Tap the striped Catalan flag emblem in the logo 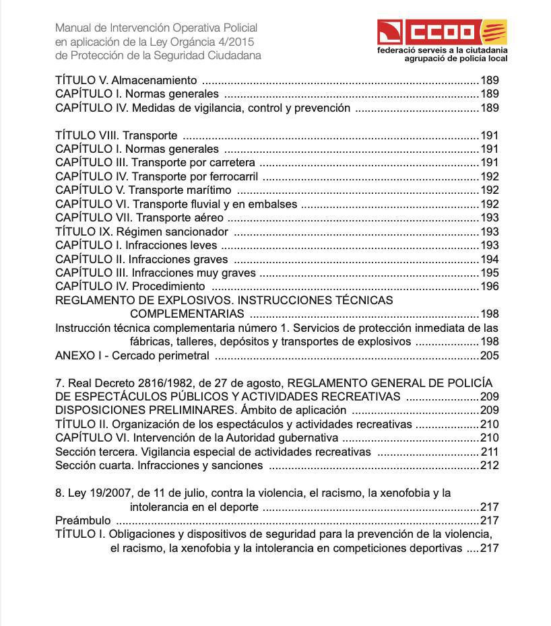[495, 32]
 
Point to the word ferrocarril [234, 177]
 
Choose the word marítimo [206, 190]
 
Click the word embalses [275, 204]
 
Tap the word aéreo [208, 218]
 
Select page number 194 [489, 259]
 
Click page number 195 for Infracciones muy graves [489, 273]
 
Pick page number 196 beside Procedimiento [489, 287]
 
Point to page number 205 [489, 355]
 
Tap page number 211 [489, 452]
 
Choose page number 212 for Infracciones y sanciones [489, 465]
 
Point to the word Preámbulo [83, 521]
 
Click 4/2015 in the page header [243, 42]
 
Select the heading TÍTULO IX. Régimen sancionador [141, 232]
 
